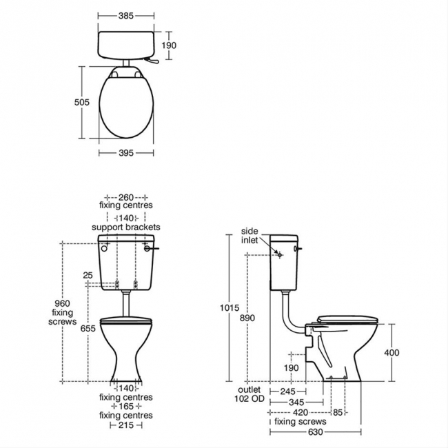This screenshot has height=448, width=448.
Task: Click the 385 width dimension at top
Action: point(126,16)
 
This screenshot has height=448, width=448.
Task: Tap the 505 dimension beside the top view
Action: point(82,102)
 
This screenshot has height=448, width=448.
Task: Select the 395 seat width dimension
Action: point(126,153)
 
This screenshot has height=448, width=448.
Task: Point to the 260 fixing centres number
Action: point(126,197)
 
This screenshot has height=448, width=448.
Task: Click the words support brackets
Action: point(126,227)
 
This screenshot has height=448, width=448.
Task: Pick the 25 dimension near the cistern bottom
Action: point(88,275)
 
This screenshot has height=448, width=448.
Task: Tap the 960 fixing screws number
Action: point(62,303)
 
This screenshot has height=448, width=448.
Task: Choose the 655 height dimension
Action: point(88,329)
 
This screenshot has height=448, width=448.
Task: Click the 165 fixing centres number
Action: point(126,406)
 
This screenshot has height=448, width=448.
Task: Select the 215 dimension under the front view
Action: point(126,425)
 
